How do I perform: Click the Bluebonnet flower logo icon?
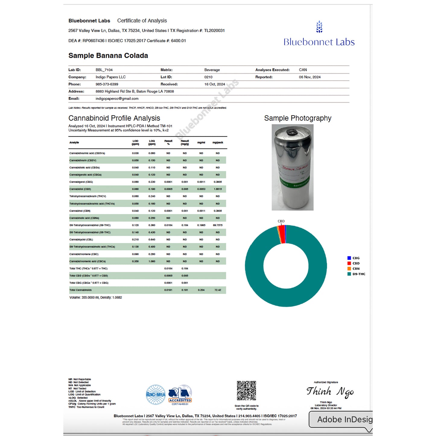[319, 27]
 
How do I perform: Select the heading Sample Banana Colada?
[108, 56]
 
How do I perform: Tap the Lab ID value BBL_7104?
[104, 70]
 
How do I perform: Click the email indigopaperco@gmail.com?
[117, 99]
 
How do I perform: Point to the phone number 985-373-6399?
[107, 84]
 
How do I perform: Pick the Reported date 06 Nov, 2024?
[310, 77]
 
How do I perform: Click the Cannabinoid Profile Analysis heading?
[114, 118]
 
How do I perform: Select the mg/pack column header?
[218, 143]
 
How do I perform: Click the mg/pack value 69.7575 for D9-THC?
[218, 225]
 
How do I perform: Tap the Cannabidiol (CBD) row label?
[80, 189]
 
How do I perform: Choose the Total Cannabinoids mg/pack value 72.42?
[218, 290]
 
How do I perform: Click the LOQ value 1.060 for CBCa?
[152, 261]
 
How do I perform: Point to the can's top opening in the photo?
[291, 132]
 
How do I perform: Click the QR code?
[246, 391]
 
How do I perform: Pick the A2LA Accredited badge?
[180, 395]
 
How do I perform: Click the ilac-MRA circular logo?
[156, 394]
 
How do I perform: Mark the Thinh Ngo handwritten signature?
[330, 392]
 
